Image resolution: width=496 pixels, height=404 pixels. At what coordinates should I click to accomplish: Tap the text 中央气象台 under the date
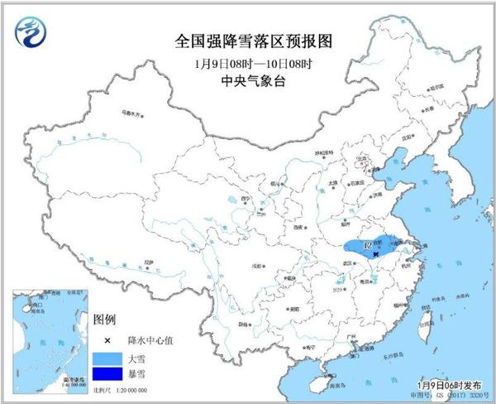(247, 81)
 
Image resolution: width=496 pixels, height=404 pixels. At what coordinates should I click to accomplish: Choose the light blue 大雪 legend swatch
(106, 358)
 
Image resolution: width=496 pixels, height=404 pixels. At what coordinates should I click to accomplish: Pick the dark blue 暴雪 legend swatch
(106, 377)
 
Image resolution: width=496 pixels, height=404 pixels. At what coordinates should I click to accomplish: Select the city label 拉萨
(148, 262)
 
